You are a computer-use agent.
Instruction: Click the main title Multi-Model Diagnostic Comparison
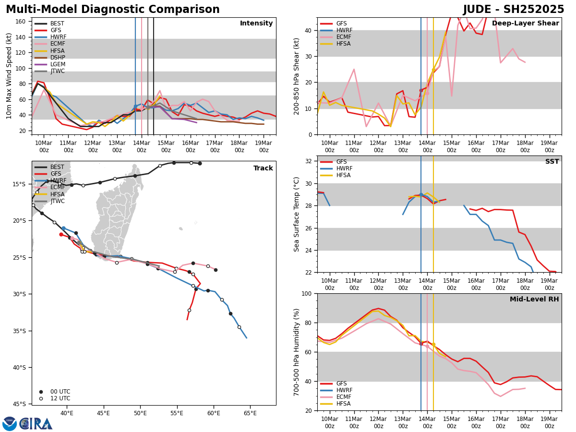[113, 10]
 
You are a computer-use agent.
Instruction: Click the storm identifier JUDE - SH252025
[514, 10]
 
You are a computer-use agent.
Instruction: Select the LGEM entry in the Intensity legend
[58, 64]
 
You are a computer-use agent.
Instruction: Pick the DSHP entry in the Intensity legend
[58, 58]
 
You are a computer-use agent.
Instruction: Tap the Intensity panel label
[256, 24]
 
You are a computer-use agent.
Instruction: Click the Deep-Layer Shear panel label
[525, 24]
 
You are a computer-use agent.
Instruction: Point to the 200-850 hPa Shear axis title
[297, 76]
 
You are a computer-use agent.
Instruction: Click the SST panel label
[552, 162]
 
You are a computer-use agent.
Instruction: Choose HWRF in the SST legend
[344, 168]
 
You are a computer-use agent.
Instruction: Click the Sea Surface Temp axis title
[297, 214]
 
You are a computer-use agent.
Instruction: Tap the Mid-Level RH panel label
[534, 300]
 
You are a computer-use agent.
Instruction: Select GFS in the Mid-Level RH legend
[341, 384]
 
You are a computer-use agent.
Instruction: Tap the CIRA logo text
[36, 423]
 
